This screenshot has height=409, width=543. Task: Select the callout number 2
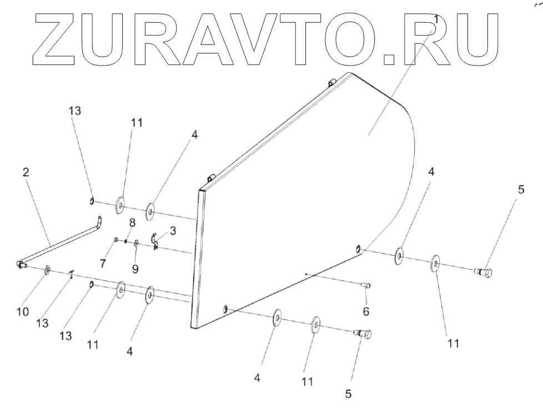(x=26, y=173)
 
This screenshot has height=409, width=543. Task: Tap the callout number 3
(x=173, y=231)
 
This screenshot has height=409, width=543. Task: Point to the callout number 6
(x=366, y=312)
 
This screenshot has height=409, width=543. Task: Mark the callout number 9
(x=135, y=268)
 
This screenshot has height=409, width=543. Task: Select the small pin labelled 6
(x=366, y=285)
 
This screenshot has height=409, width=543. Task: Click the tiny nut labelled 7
(x=115, y=240)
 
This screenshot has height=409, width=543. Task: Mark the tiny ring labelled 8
(x=127, y=241)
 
